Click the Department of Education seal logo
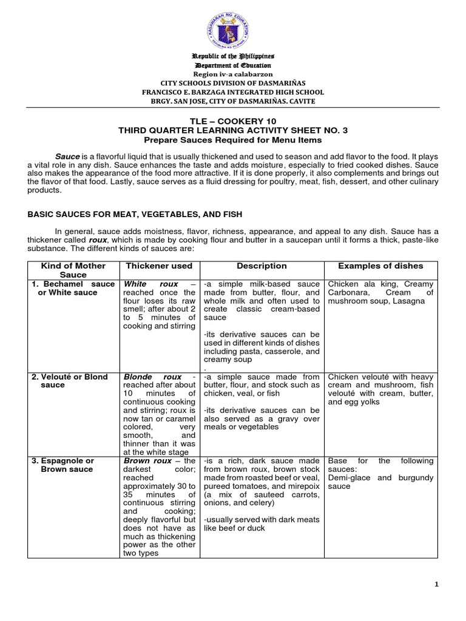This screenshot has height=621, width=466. pyautogui.click(x=233, y=27)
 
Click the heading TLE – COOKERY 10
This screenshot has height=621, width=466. pyautogui.click(x=233, y=121)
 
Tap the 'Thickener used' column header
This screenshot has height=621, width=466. pyautogui.click(x=158, y=266)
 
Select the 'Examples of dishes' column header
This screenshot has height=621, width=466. pyautogui.click(x=380, y=266)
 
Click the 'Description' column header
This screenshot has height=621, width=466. pyautogui.click(x=262, y=266)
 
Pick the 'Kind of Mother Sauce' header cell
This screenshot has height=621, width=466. pyautogui.click(x=73, y=270)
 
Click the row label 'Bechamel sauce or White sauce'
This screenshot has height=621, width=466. pyautogui.click(x=73, y=289)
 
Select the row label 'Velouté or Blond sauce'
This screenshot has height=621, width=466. pyautogui.click(x=69, y=381)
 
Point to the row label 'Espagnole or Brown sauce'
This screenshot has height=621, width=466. pyautogui.click(x=63, y=465)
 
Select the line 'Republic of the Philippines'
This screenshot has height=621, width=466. pyautogui.click(x=233, y=56)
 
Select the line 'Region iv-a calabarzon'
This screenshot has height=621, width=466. pyautogui.click(x=233, y=74)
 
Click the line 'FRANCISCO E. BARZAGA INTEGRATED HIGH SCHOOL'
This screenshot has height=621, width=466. pyautogui.click(x=233, y=92)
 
